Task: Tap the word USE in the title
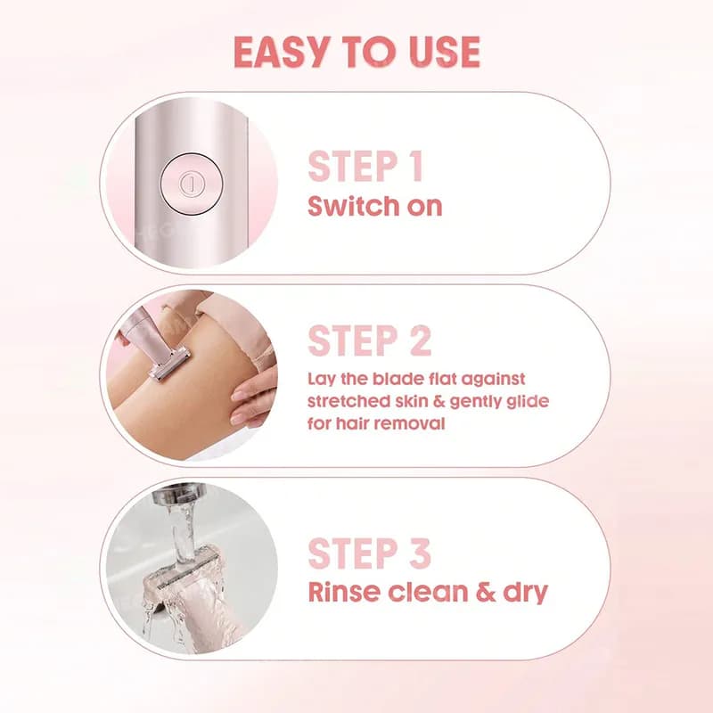444,52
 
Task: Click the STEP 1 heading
365,167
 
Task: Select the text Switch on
374,206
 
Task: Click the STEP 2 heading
369,340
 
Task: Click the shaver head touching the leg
169,365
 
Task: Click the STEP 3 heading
369,553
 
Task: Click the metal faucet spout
174,495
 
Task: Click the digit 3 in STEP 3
420,553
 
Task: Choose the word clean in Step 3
428,592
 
